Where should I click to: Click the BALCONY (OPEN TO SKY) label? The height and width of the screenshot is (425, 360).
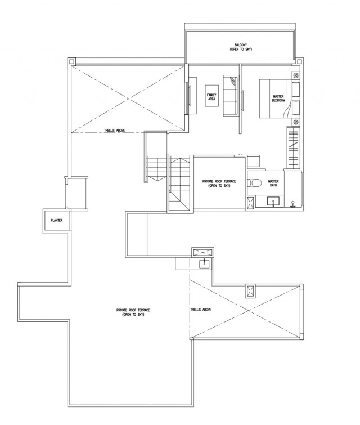click(x=241, y=47)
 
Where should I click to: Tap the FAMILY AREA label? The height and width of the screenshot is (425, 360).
click(x=211, y=97)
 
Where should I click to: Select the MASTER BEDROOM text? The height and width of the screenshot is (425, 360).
click(x=278, y=99)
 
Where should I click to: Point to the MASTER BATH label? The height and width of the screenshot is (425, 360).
click(x=273, y=184)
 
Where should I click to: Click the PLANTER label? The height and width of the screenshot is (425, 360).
click(x=57, y=220)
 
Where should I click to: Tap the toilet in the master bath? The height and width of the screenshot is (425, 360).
click(x=254, y=183)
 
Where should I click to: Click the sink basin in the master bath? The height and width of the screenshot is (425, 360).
click(x=273, y=202)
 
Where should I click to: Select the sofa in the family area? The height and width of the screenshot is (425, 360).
click(x=231, y=96)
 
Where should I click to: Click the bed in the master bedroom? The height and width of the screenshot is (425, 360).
click(x=280, y=99)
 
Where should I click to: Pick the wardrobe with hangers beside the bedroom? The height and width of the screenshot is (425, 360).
click(x=293, y=148)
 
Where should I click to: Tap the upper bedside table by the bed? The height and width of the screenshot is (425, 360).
click(x=296, y=75)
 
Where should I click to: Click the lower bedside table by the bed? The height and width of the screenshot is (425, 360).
click(x=296, y=122)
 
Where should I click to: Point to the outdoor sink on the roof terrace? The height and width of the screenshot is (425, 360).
click(x=204, y=263)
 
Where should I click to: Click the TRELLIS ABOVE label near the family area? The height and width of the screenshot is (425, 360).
click(x=114, y=131)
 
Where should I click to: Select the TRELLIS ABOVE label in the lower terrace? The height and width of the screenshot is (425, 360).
click(x=201, y=310)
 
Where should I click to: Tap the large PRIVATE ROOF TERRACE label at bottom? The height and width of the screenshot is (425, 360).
click(x=133, y=312)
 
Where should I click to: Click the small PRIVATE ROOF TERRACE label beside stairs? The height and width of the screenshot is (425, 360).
click(x=219, y=184)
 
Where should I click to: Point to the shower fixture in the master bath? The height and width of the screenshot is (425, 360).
click(x=292, y=204)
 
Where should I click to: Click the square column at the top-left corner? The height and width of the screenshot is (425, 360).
click(x=71, y=61)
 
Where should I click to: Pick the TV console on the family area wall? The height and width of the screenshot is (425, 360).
click(x=192, y=96)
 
